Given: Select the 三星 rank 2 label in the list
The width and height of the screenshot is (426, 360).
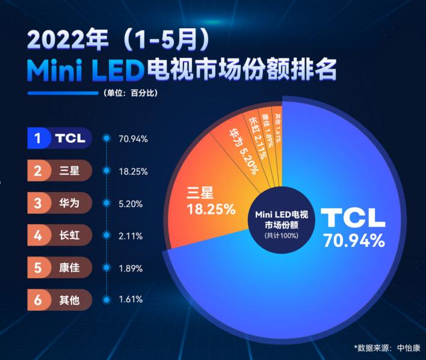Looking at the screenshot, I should (x=60, y=171).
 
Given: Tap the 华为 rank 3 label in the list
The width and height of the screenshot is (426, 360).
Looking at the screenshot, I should (x=60, y=203).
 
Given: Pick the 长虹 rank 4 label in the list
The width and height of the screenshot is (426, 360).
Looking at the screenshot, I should (x=60, y=235).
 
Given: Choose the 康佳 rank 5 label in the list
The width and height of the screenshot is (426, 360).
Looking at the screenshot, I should (x=60, y=267).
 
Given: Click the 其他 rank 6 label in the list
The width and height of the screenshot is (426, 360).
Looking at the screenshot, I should (x=60, y=299).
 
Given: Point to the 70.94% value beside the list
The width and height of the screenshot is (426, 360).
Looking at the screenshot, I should (x=133, y=138).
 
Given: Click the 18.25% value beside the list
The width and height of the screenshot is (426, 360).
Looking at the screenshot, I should (x=133, y=171).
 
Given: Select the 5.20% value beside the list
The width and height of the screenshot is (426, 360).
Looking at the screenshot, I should (x=131, y=203).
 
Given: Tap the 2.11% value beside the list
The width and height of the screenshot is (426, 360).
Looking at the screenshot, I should (x=131, y=235).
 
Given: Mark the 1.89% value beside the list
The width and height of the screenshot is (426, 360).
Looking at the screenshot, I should (x=131, y=267).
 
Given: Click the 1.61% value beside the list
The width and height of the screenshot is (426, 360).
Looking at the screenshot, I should (x=131, y=299).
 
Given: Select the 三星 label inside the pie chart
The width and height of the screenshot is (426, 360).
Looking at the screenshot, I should (x=201, y=194).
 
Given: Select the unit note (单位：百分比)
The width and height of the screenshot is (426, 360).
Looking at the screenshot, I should (x=131, y=93).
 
